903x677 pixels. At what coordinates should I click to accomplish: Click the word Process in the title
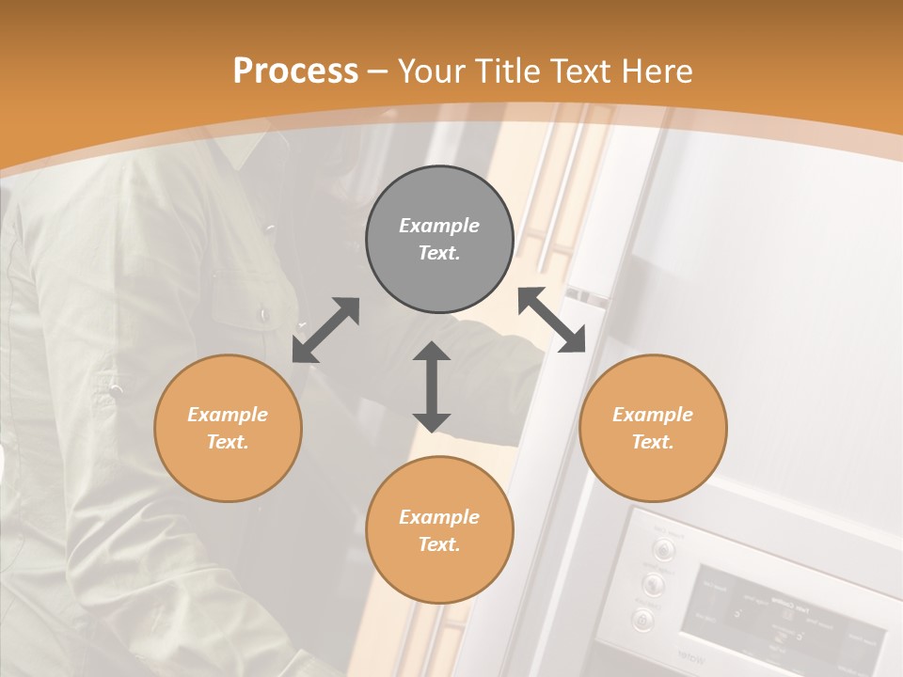coord(295,71)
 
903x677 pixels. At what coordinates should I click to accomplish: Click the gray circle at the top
coord(439,239)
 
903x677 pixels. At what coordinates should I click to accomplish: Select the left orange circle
coord(228,428)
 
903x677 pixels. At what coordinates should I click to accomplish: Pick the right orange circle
coord(653,428)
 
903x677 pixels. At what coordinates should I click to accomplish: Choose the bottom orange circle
coord(439,529)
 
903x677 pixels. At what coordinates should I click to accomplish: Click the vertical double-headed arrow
coord(432,386)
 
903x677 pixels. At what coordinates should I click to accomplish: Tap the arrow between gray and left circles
coord(325,330)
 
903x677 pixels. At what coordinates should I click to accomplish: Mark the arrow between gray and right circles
coord(552,321)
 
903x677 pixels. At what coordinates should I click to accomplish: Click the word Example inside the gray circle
coord(439,226)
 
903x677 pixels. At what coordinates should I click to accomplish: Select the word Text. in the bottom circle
coord(439,544)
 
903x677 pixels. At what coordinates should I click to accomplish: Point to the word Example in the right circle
coord(653,415)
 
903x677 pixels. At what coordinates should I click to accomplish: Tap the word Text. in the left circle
coord(228,442)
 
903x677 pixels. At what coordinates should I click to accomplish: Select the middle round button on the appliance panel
coord(653,584)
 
